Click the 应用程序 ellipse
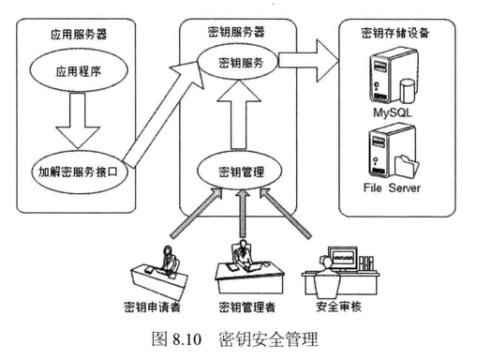[79, 71]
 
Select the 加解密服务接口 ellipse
[79, 172]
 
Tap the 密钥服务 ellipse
[238, 62]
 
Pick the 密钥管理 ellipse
[240, 171]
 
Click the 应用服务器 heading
[79, 34]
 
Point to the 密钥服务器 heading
[236, 32]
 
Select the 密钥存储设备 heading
[394, 33]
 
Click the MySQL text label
[392, 112]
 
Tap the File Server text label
[392, 187]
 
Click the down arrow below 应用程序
[78, 121]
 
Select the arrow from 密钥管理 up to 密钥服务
[239, 114]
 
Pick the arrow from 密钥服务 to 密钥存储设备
[308, 61]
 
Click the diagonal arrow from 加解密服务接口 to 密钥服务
[163, 114]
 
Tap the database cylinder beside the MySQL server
[408, 91]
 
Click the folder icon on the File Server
[406, 166]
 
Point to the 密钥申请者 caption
[153, 307]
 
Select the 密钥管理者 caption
[247, 307]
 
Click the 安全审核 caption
[338, 307]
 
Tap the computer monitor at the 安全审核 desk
[343, 259]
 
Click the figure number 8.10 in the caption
[186, 339]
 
